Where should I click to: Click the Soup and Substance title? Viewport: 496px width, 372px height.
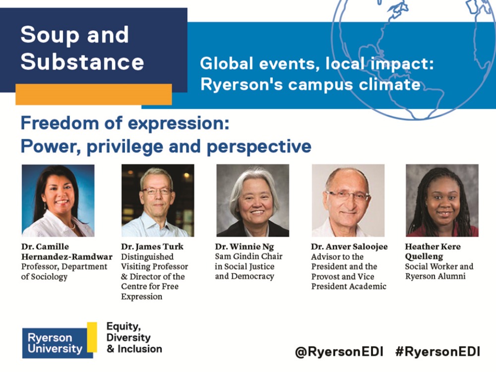(82, 48)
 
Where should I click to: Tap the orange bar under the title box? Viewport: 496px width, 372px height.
(94, 94)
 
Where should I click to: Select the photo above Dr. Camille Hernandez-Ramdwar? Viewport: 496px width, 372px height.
(58, 200)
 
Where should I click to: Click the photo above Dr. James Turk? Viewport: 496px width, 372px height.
(158, 200)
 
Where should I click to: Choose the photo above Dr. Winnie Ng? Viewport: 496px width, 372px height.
(252, 200)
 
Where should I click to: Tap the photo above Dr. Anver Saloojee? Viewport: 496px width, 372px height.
(348, 200)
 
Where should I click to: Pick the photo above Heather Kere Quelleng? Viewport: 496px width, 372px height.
(442, 200)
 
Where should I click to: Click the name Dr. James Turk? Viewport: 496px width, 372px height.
(152, 247)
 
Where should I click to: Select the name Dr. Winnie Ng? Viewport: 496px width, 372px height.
(245, 247)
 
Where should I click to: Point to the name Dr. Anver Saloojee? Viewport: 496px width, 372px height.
(349, 247)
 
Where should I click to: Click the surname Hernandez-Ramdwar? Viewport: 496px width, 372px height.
(67, 256)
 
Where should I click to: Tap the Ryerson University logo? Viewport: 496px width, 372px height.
(60, 341)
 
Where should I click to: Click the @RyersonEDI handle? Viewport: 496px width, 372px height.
(339, 352)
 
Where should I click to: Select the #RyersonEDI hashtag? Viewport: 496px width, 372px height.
(438, 352)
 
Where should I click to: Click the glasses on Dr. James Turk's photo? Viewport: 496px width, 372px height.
(157, 191)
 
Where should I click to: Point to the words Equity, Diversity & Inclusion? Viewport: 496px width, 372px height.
(134, 337)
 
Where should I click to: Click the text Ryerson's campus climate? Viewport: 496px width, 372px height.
(310, 85)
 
